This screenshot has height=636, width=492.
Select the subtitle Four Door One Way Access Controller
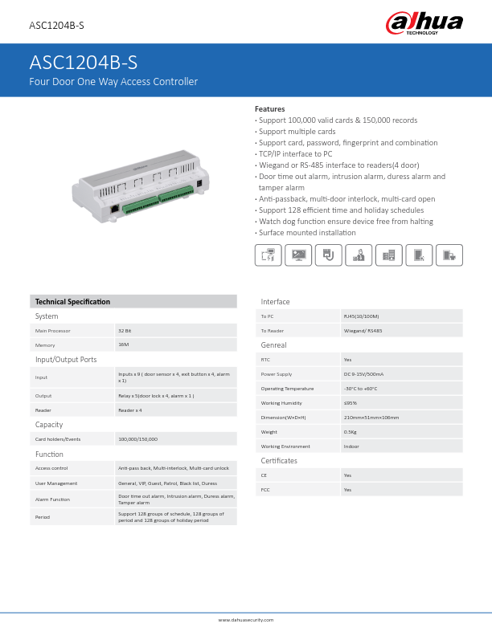click(113, 82)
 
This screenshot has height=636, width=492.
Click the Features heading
click(269, 108)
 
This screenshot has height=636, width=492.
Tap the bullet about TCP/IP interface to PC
click(295, 153)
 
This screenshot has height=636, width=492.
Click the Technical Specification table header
click(72, 302)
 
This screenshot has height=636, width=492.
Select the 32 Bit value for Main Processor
click(125, 330)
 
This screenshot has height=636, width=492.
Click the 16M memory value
click(123, 344)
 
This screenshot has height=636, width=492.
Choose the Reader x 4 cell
click(130, 410)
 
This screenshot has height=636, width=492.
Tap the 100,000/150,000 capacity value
click(137, 439)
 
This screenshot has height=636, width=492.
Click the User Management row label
click(56, 483)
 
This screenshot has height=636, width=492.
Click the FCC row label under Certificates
click(265, 489)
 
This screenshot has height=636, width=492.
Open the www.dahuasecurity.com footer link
click(246, 620)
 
